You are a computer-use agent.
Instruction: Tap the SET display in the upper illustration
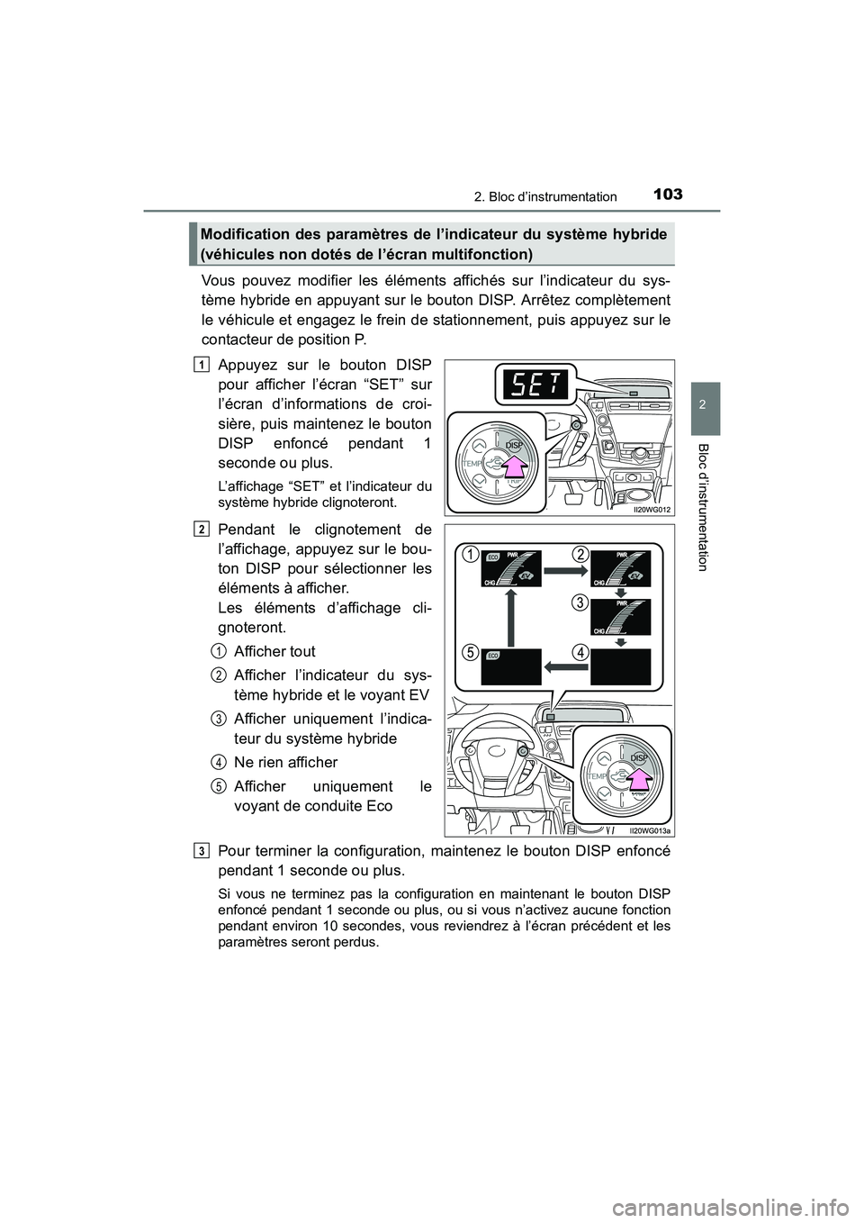point(529,387)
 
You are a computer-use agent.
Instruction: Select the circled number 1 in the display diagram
point(470,555)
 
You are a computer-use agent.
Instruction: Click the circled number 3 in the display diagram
point(581,603)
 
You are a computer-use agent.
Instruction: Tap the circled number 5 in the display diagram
point(470,653)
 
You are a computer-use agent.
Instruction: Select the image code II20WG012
point(649,508)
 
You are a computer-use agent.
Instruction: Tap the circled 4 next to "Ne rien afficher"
point(220,762)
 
